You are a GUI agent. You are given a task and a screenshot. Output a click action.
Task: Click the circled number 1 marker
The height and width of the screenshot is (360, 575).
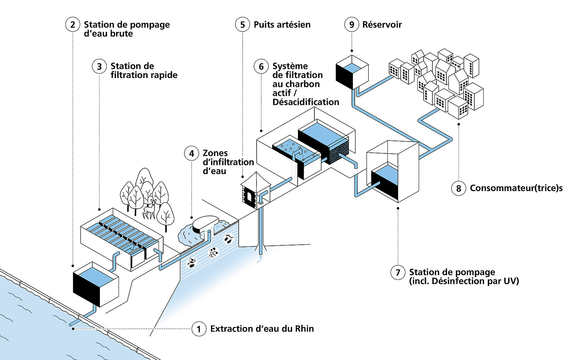tap(199, 329)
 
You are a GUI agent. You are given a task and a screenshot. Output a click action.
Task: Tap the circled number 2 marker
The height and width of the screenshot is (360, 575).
tap(73, 24)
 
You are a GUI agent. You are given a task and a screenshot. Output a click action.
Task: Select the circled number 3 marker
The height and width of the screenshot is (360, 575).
tap(99, 66)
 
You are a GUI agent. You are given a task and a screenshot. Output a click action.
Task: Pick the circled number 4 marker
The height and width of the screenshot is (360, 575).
tap(192, 153)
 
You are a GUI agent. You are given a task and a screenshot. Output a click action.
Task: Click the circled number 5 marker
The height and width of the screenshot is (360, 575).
tap(243, 24)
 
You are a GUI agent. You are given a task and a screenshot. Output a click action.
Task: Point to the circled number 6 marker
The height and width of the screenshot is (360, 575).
tap(261, 66)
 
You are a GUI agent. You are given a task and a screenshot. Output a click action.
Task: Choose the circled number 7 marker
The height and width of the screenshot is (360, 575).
tap(398, 272)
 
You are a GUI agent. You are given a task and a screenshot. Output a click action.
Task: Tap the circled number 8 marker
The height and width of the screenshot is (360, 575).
tap(459, 188)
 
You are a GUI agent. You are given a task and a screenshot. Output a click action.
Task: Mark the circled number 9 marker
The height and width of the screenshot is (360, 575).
tap(352, 24)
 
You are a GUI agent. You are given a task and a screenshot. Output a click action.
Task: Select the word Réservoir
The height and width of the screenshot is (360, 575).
tap(382, 24)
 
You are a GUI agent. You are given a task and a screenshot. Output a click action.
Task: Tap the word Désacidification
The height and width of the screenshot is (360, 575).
tap(305, 102)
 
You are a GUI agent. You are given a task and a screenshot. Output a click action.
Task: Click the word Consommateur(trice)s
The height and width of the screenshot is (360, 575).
tap(516, 188)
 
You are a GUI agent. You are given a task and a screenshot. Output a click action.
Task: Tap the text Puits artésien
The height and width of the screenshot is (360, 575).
tap(282, 24)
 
